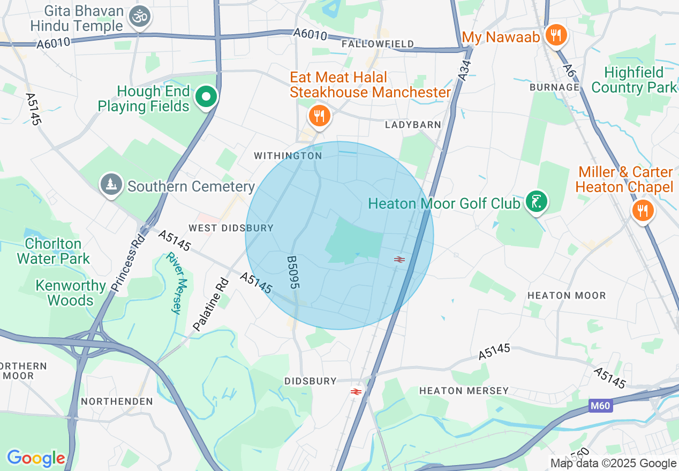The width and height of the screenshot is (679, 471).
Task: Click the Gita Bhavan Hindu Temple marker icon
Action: click(x=140, y=17)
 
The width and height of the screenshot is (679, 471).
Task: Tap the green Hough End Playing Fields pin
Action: click(x=206, y=97)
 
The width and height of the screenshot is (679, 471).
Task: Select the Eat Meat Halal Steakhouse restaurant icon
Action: click(x=319, y=115)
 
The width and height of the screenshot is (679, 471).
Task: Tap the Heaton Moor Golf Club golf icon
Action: click(x=536, y=202)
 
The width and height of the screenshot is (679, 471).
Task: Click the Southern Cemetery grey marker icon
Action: click(x=111, y=184)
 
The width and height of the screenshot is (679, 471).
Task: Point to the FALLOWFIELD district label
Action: click(x=378, y=44)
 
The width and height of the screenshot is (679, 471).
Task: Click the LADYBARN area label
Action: click(x=413, y=125)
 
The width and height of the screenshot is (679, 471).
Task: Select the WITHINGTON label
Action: click(x=288, y=156)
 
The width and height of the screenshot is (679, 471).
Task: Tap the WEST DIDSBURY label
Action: click(x=231, y=228)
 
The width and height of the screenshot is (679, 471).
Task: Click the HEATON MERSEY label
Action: click(x=464, y=391)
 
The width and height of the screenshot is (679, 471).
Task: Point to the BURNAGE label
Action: click(x=554, y=87)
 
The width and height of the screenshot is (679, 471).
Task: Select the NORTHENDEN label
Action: click(x=117, y=401)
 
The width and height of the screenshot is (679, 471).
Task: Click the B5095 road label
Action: click(x=292, y=272)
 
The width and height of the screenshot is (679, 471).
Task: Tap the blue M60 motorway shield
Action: click(x=600, y=406)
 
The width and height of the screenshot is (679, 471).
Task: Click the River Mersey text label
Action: click(x=177, y=283)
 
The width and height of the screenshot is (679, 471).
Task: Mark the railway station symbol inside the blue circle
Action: click(x=399, y=260)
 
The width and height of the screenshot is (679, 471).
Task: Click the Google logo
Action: click(x=36, y=458)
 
